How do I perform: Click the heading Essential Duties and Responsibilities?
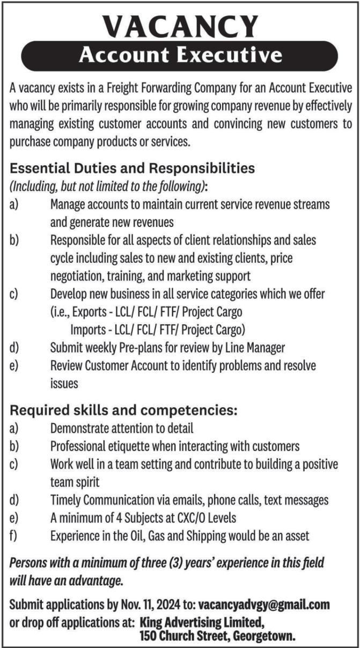point(132,168)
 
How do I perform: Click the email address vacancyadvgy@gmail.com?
point(263,605)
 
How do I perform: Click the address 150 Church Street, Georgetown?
point(217,637)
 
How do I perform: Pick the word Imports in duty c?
point(90,329)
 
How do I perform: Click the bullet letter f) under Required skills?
point(14,536)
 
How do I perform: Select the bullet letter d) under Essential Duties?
point(14,348)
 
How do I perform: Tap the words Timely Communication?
point(99,500)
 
